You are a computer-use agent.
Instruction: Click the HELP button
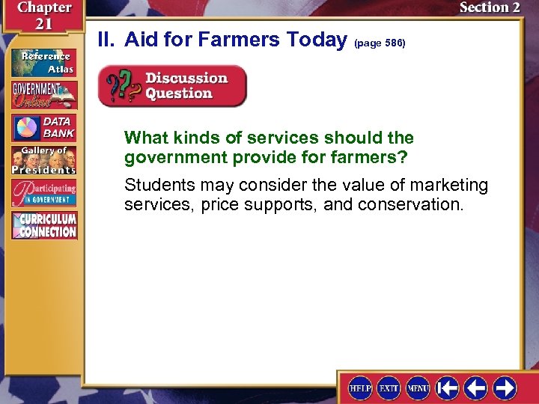pyautogui.click(x=361, y=388)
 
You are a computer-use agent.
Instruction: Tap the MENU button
pyautogui.click(x=417, y=388)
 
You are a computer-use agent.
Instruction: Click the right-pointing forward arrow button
pyautogui.click(x=505, y=388)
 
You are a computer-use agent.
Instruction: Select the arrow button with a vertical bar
pyautogui.click(x=448, y=388)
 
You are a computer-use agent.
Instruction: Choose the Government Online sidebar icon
pyautogui.click(x=43, y=94)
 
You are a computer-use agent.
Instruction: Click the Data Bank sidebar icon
pyautogui.click(x=43, y=128)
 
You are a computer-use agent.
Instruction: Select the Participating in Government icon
pyautogui.click(x=43, y=194)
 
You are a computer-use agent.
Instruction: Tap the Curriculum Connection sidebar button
pyautogui.click(x=43, y=226)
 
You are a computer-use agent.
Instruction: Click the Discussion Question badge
pyautogui.click(x=172, y=86)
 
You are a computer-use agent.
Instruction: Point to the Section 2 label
pyautogui.click(x=490, y=8)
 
